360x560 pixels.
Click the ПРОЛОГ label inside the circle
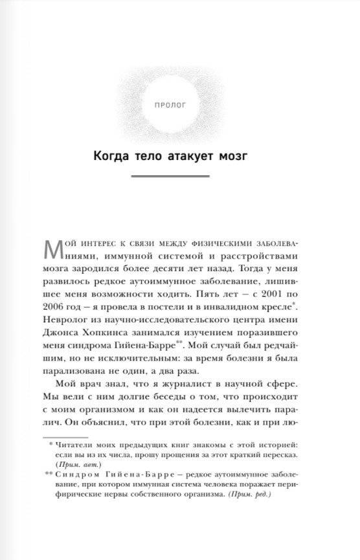click(x=180, y=103)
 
